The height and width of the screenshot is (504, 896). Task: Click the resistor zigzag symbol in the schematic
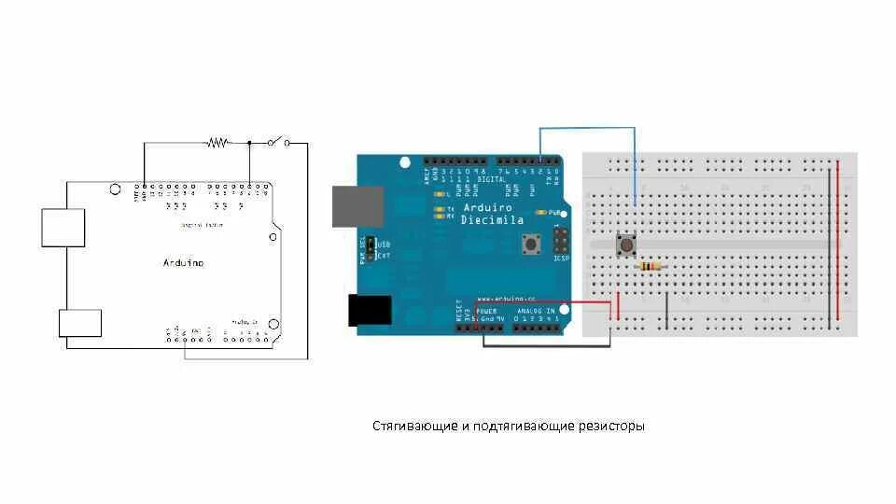pos(217,143)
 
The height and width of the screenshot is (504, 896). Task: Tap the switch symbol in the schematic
pos(277,142)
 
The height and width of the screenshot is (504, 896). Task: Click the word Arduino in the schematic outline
pos(183,263)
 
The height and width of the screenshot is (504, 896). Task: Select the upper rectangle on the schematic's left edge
pos(63,228)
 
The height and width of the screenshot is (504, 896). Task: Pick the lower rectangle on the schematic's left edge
pos(80,323)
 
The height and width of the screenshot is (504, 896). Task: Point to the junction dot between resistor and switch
pos(249,143)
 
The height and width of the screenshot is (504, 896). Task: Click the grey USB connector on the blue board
pos(358,206)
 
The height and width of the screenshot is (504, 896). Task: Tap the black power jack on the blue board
pos(370,310)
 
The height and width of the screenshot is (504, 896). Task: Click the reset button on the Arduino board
pos(532,245)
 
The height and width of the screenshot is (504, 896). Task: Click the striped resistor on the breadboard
pos(651,267)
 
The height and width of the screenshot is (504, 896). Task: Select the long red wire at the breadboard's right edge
pos(837,245)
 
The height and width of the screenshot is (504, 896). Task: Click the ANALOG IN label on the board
pos(538,310)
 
